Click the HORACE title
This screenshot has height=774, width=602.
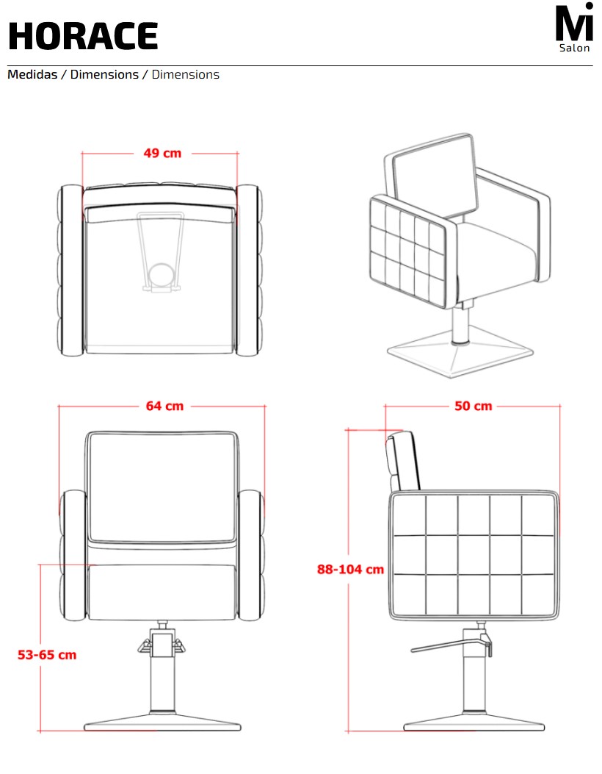click(x=83, y=36)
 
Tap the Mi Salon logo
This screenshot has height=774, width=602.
click(x=574, y=28)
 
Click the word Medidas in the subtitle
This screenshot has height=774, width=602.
click(x=32, y=74)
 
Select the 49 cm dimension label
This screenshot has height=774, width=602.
click(x=162, y=154)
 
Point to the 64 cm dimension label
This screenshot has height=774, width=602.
click(x=164, y=406)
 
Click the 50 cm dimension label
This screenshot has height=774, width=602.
click(x=474, y=406)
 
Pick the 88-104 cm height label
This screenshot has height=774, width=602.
click(x=350, y=569)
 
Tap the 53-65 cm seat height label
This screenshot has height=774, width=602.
click(x=47, y=655)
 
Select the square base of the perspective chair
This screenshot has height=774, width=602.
click(x=460, y=352)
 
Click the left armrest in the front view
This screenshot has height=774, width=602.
click(x=73, y=556)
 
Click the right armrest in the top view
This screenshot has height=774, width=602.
click(x=248, y=270)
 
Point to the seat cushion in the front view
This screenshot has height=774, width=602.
click(x=162, y=592)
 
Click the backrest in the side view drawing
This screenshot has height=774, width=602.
click(x=403, y=462)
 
